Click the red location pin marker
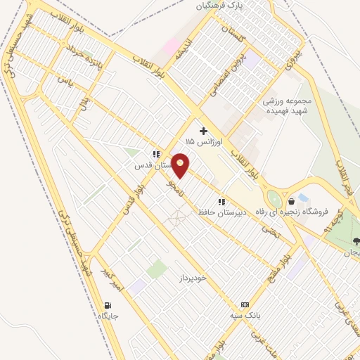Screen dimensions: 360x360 tap(181, 166)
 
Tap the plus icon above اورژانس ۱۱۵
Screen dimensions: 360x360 tap(204, 131)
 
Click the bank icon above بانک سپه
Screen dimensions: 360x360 tap(245, 304)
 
